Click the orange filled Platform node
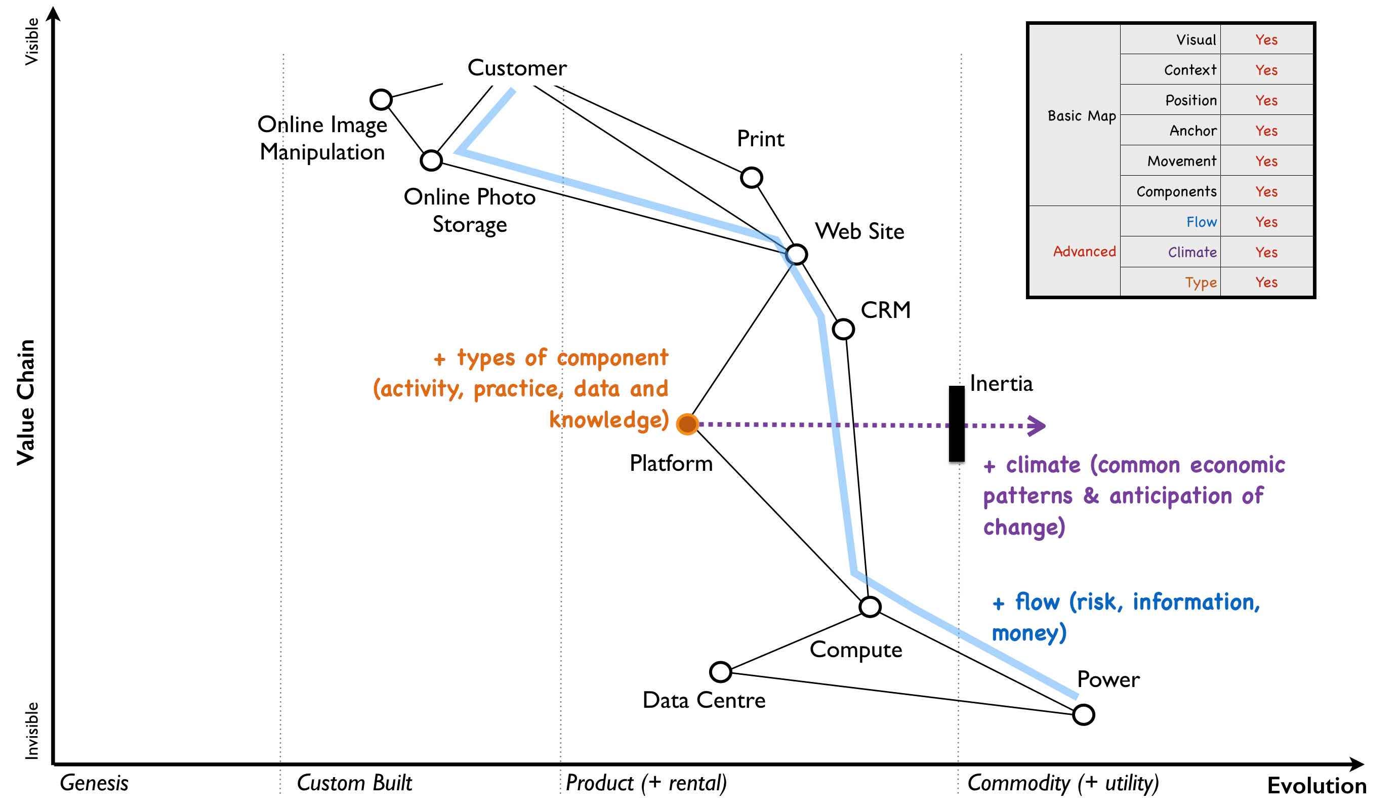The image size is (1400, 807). pos(687,424)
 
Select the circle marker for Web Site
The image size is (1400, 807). pos(796,255)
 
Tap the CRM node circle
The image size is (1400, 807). pos(843,329)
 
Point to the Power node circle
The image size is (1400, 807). pos(1084,714)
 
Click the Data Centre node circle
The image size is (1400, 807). pos(720,672)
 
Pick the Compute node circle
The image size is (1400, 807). pos(870,607)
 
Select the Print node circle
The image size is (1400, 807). pos(751,178)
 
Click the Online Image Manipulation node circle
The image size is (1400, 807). pos(381,100)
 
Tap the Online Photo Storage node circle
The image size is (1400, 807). pos(431,160)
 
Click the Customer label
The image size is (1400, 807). pos(517,68)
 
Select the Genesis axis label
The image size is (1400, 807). pos(94,783)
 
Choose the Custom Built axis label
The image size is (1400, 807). pos(355,783)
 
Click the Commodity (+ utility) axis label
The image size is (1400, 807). pos(1062,783)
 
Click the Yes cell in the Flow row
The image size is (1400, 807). pos(1266,222)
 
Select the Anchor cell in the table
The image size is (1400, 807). pos(1193,131)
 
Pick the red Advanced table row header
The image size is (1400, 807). pos(1084,252)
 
